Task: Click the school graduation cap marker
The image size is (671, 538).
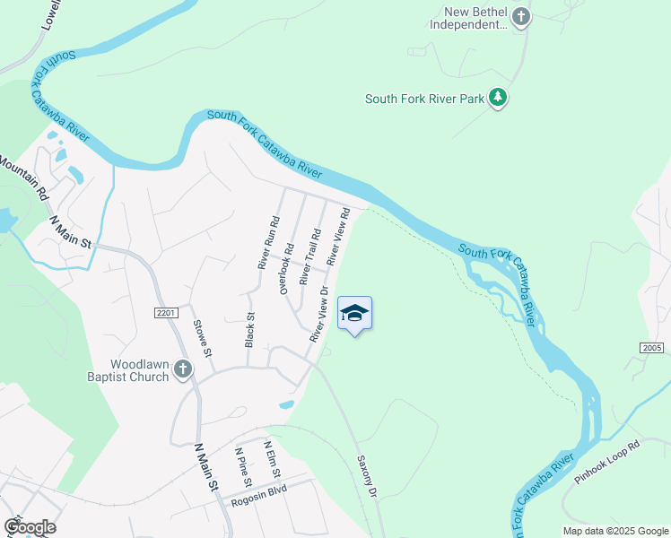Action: pos(355,314)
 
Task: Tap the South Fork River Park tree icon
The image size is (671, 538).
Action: pos(499,99)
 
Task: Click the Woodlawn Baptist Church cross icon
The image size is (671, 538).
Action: pos(182,369)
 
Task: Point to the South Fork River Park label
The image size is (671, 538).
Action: pos(424,99)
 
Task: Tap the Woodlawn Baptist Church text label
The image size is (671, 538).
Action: pos(139,370)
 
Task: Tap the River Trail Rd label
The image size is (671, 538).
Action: pos(310,257)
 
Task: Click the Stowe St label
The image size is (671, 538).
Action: pos(203,335)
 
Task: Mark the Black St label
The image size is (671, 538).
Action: pos(250,329)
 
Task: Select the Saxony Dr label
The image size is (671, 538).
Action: pos(366,474)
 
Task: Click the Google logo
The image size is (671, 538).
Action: pos(30,527)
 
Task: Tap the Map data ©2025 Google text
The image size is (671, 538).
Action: pos(614,531)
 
